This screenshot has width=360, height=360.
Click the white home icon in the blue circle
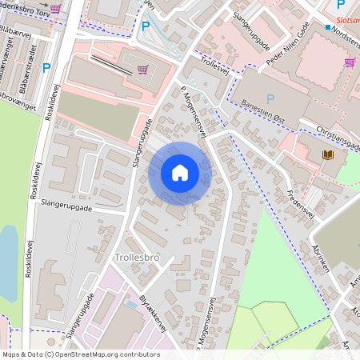click(180, 173)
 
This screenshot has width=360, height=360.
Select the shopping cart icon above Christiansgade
click(350, 62)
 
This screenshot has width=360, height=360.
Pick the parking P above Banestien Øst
click(270, 98)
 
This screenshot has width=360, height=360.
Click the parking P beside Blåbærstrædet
click(46, 69)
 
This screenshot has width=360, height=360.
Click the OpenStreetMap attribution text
click(80, 354)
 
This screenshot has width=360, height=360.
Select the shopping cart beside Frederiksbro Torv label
click(54, 8)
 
